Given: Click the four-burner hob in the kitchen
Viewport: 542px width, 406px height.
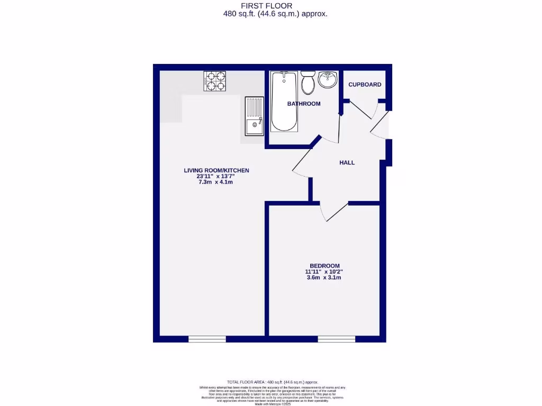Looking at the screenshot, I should [x=214, y=82].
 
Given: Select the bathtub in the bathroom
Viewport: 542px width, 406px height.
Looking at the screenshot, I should [x=284, y=101].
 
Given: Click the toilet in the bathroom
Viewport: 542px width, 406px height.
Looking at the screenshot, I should [x=308, y=82].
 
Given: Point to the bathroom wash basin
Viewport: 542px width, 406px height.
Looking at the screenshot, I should [x=328, y=80].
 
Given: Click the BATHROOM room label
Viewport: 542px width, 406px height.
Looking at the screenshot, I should [x=304, y=104].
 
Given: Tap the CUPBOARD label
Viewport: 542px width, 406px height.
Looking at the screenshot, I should [x=365, y=85].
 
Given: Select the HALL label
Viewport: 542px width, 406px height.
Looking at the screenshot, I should [x=347, y=163].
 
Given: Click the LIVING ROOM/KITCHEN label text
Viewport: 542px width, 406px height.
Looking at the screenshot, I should [x=216, y=170].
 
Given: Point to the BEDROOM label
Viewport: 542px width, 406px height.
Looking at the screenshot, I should [x=324, y=265].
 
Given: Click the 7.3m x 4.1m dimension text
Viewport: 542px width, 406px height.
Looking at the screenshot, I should [x=216, y=182].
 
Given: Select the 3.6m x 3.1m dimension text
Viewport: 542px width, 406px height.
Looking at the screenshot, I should [x=324, y=277].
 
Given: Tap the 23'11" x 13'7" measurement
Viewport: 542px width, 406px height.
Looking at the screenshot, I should [x=216, y=176].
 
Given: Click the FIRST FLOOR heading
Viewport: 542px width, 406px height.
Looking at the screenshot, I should [x=275, y=6].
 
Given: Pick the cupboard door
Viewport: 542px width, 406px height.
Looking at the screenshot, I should [x=362, y=110].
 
